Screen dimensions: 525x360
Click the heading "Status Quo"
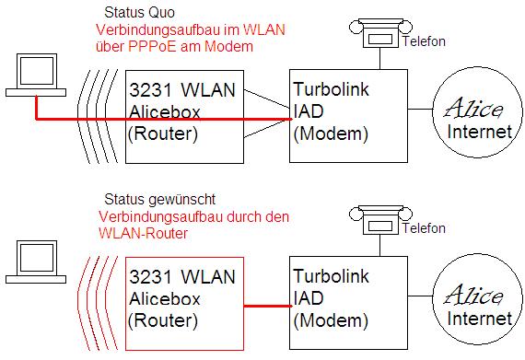[139, 13]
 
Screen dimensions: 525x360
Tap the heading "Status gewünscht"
[159, 200]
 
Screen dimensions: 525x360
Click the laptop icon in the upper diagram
[36, 75]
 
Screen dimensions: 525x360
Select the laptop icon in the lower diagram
[36, 262]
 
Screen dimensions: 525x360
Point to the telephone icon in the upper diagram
[380, 33]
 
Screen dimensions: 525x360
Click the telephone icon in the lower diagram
[380, 220]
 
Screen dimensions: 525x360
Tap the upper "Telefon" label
[424, 41]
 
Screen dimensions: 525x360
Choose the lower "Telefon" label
[424, 228]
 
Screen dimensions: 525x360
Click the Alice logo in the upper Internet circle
[473, 108]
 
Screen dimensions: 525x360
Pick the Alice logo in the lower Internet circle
[473, 295]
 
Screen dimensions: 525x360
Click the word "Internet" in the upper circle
[480, 132]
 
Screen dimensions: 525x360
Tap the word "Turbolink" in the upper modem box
[332, 89]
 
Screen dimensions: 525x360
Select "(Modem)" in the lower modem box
[331, 320]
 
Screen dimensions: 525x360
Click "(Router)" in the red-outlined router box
[163, 320]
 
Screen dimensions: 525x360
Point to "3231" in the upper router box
[150, 90]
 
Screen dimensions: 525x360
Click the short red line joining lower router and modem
[268, 306]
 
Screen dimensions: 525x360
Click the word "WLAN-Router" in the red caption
[144, 234]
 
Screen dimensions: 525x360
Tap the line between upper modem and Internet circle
[420, 109]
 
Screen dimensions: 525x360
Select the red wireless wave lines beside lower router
[97, 304]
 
